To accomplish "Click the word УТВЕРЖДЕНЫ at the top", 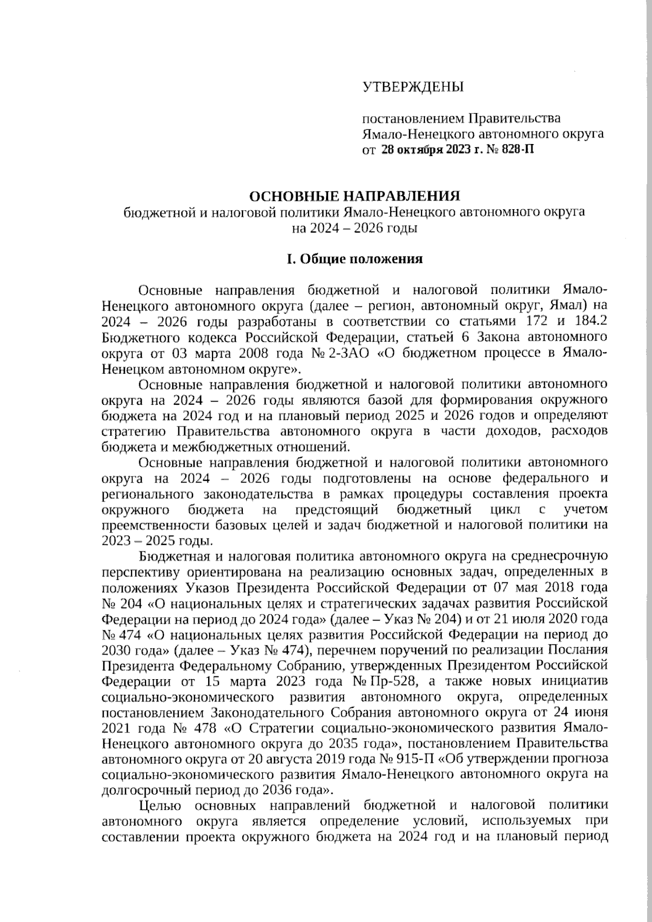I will [x=413, y=86].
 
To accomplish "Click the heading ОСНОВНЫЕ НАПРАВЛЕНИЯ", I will [x=354, y=196].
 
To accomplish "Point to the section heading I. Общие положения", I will [x=354, y=259].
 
